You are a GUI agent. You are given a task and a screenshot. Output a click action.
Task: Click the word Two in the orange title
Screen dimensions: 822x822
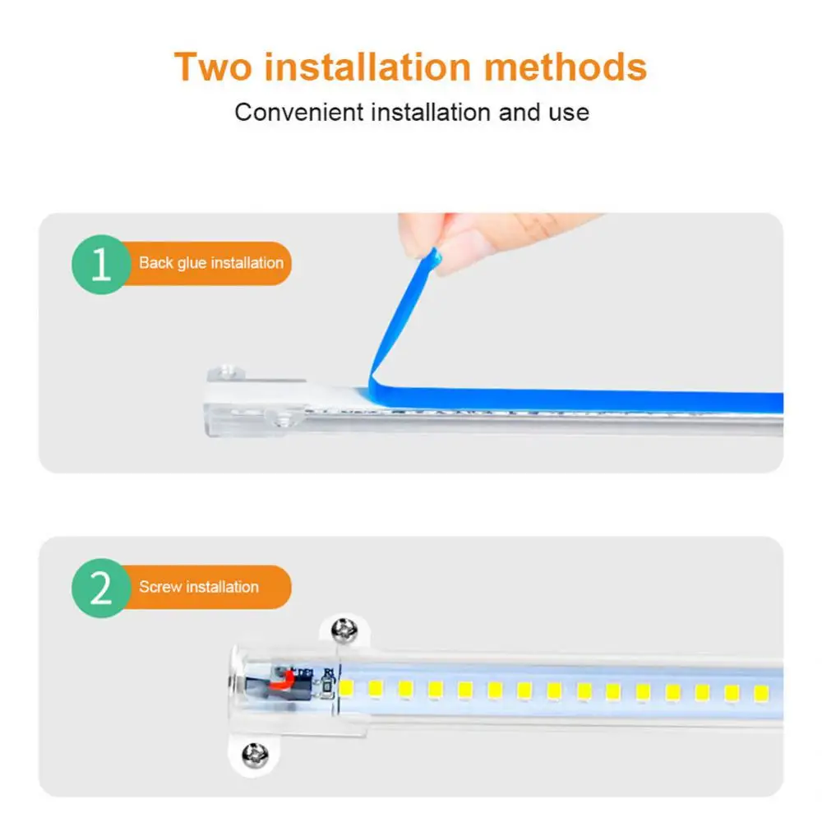point(213,67)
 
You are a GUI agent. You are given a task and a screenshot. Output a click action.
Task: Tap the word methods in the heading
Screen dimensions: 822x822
point(566,67)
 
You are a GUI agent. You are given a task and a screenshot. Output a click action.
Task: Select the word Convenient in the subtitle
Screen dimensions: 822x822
point(299,112)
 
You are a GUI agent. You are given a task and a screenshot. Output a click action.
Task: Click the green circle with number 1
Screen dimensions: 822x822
point(100,264)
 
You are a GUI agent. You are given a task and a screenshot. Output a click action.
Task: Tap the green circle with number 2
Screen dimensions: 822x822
point(100,588)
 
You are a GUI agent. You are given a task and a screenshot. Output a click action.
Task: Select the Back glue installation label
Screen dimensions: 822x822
point(210,263)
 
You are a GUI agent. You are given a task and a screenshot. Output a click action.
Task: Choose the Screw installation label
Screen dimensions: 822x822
point(199,587)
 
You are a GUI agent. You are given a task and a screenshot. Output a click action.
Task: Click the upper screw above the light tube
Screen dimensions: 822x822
point(344,630)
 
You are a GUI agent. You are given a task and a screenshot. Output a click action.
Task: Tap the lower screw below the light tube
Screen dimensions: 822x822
point(255,755)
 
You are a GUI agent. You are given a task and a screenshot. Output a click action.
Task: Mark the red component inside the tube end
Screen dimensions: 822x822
point(282,681)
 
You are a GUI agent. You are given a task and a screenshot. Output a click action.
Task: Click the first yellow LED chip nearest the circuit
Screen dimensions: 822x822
point(346,688)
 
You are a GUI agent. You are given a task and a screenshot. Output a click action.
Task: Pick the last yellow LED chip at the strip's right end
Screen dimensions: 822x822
point(761,694)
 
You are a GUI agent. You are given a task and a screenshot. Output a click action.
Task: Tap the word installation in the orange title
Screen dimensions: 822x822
point(367,67)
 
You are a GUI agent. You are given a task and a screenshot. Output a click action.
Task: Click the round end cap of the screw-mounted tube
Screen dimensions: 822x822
point(236,682)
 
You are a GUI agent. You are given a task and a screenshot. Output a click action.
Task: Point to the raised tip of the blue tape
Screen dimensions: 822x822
point(435,256)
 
